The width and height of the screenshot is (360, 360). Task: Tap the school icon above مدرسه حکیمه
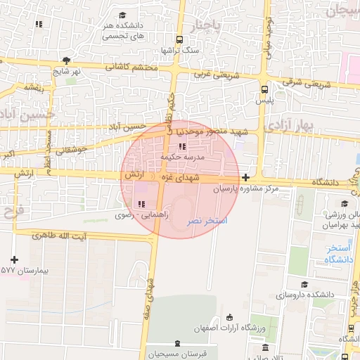182,147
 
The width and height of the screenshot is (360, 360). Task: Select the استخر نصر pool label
207,221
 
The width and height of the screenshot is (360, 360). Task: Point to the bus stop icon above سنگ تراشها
180,39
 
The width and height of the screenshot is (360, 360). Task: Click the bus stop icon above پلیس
264,90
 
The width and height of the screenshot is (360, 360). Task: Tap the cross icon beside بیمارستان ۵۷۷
14,259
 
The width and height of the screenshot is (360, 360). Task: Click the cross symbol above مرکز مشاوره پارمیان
245,178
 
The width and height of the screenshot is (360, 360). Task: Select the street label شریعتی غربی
212,73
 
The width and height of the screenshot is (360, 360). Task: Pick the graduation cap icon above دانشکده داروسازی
304,284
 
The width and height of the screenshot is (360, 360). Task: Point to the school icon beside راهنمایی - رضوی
132,204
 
